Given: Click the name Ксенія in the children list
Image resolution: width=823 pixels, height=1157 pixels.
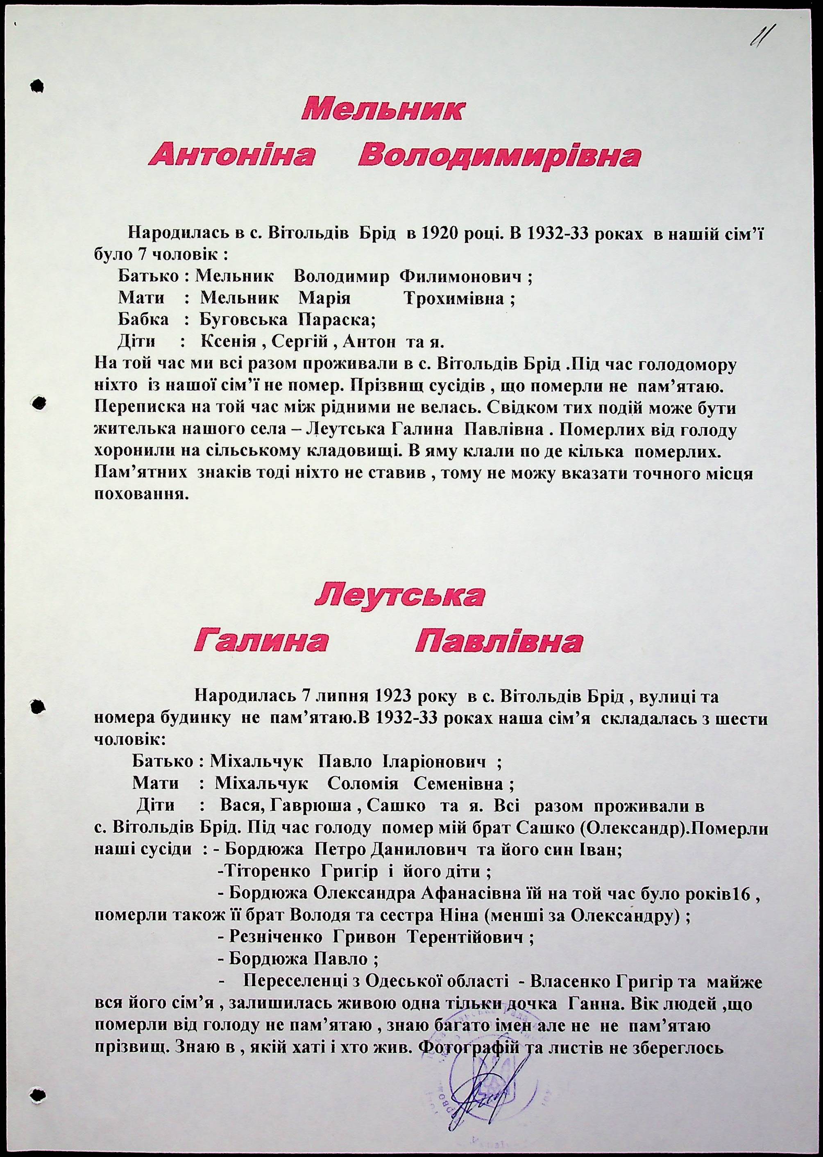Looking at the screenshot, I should pos(229,342).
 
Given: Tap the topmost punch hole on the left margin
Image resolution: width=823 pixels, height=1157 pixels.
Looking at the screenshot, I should pos(37,86).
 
